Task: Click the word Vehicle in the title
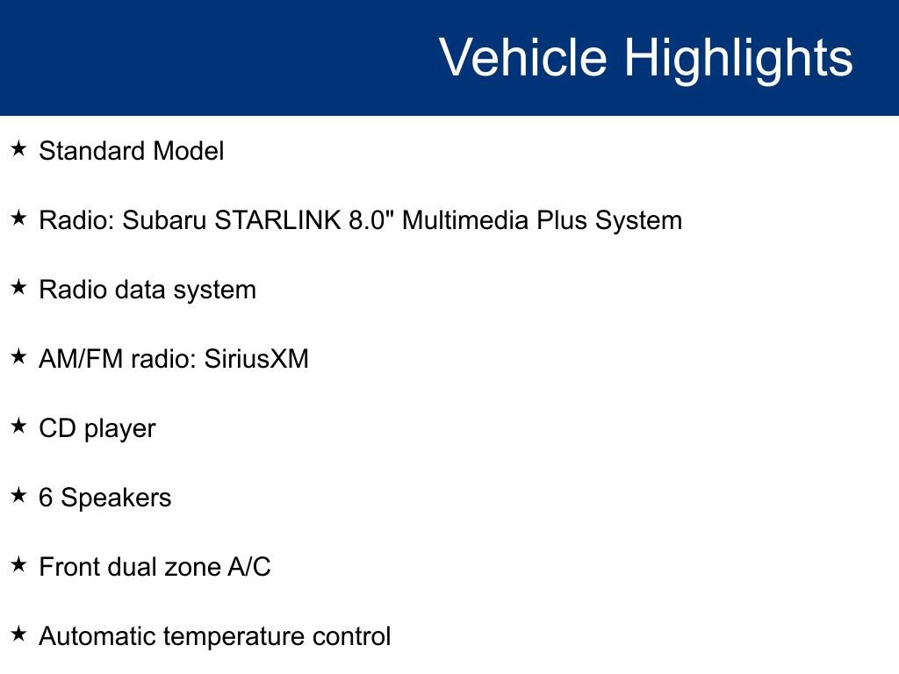[522, 58]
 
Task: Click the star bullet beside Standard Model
[18, 149]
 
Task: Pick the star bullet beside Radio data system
[18, 288]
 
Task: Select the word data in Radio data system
[141, 290]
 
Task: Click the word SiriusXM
[256, 359]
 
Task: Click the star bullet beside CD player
[18, 427]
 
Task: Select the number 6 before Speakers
[46, 498]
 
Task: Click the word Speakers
[116, 498]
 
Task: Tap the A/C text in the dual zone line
[249, 567]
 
